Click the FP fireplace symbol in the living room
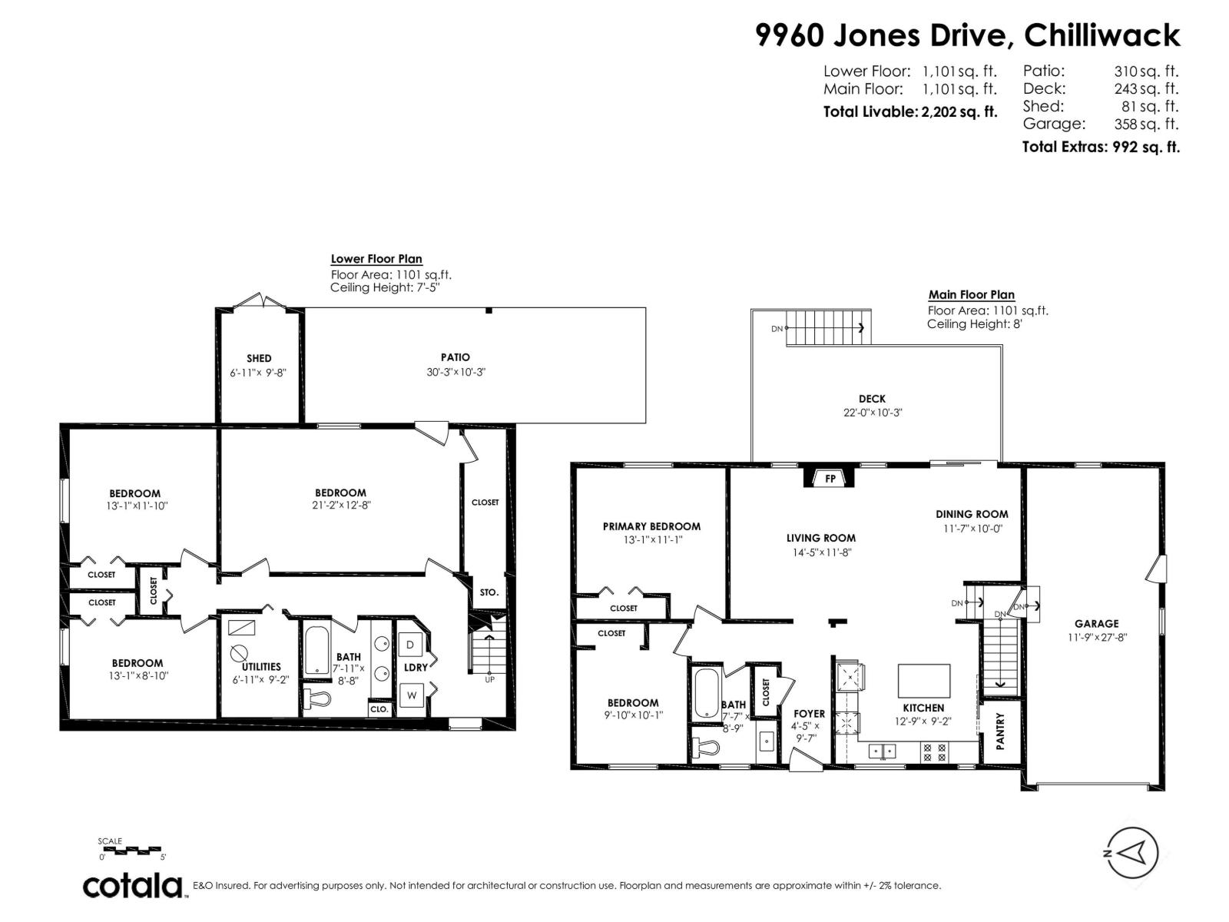coord(830,479)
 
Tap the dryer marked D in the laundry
coord(410,645)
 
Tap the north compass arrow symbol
coord(1131,853)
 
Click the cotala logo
coord(133,886)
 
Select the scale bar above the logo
coord(131,851)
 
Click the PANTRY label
coord(1000,730)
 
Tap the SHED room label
coord(259,358)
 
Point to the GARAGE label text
coord(1096,624)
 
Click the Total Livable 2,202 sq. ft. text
coord(910,111)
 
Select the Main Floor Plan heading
coord(971,294)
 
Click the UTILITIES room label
coord(261,666)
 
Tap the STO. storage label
coord(489,592)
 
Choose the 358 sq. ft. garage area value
coord(1145,124)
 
